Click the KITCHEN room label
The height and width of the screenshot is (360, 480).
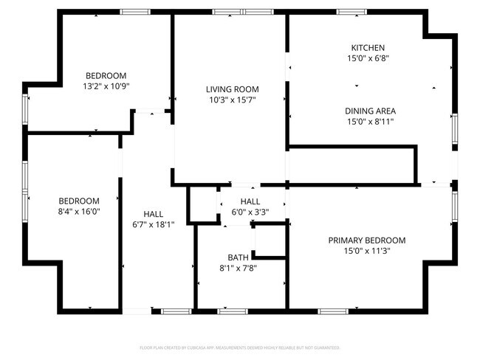coord(368,48)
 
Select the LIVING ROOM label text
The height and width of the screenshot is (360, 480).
coord(232,89)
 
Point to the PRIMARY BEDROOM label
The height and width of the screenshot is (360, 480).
coord(367,240)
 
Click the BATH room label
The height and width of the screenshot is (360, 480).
coord(238,257)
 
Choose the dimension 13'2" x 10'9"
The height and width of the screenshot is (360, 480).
coord(106,86)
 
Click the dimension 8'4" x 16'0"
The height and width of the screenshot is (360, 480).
coord(79,211)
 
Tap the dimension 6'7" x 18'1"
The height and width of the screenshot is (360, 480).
coord(153,224)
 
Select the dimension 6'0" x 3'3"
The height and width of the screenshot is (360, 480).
coord(250,212)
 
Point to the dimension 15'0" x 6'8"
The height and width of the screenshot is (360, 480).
coord(368,58)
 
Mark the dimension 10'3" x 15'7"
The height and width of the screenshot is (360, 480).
coord(232,100)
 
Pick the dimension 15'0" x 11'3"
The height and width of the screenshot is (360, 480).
coord(367,251)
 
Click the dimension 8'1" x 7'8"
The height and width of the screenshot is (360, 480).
coord(238,268)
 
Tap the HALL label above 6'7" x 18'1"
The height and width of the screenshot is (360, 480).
coord(153,214)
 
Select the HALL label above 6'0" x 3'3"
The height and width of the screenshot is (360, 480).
coord(250,201)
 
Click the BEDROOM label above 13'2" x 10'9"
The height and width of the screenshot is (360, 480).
coord(106,75)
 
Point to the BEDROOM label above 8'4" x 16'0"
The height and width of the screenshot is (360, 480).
coord(79,201)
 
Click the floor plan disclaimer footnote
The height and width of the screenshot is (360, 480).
coord(240,347)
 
